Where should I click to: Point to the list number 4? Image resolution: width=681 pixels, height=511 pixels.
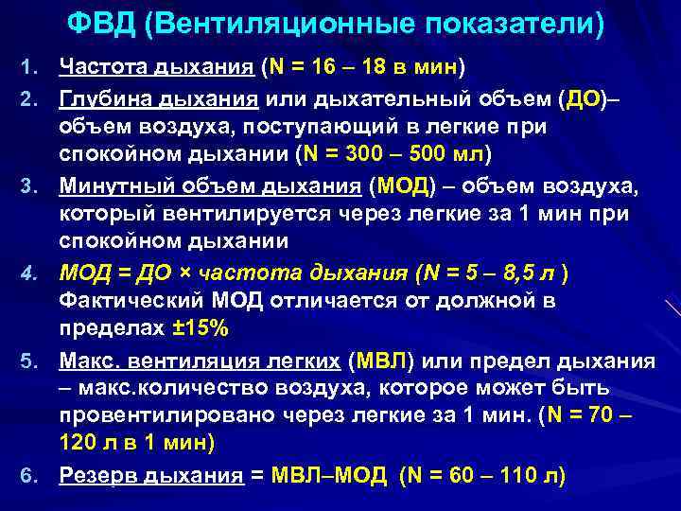[26, 275]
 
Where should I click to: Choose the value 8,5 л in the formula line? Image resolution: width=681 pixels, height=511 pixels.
[515, 274]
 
